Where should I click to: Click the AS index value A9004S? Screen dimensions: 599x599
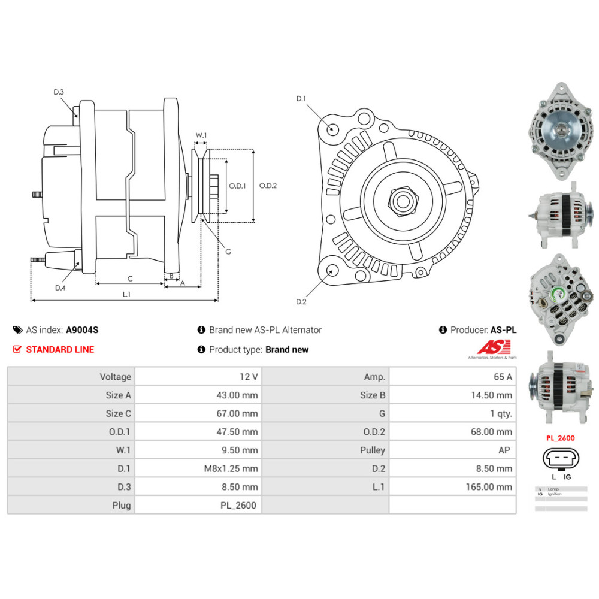[x=82, y=330]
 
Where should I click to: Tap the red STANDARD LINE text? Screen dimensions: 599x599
[x=60, y=350]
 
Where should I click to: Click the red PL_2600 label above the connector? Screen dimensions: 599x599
[x=560, y=438]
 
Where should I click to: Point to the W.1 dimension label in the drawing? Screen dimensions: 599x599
[x=201, y=135]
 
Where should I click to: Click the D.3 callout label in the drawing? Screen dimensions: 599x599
[x=59, y=92]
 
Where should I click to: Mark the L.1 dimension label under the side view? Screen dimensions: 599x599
[x=126, y=294]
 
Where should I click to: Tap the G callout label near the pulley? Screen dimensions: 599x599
[x=228, y=252]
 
